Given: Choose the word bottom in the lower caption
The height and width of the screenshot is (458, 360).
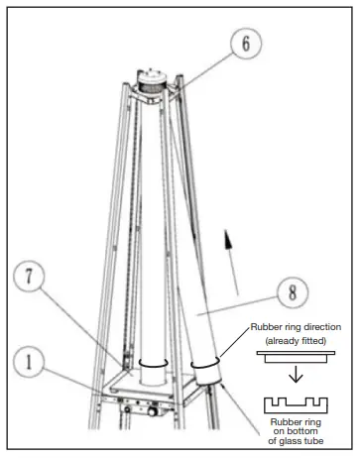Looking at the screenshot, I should click(297, 431).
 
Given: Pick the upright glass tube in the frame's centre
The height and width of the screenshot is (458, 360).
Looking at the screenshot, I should click(153, 228).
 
